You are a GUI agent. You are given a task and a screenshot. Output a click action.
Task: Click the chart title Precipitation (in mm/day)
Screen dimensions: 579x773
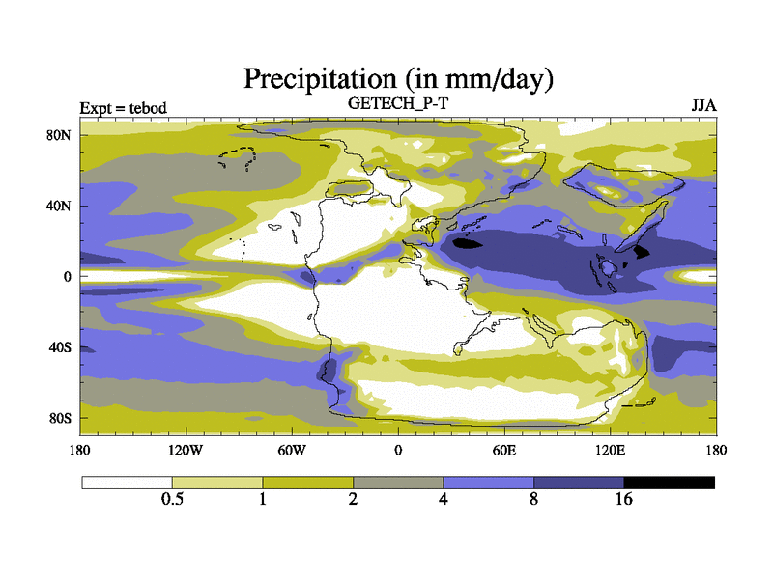point(397,77)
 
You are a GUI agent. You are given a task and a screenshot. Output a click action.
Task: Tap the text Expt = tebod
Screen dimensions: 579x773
point(123,107)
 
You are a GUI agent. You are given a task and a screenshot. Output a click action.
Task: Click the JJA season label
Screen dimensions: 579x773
point(703,105)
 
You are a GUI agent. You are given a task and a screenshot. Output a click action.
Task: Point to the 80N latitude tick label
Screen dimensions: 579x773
point(61,135)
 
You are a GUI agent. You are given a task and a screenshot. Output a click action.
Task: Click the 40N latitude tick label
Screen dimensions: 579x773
point(61,206)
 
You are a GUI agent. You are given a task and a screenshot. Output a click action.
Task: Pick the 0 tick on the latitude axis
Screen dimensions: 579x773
point(69,277)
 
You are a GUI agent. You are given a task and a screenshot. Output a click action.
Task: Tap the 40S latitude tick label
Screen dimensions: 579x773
point(61,347)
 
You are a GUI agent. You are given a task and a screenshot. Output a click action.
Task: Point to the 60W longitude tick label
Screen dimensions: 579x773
point(292,450)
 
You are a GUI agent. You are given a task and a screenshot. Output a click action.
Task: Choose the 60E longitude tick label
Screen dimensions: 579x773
point(503,450)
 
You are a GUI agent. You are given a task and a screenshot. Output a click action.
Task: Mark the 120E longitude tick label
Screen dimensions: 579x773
point(610,450)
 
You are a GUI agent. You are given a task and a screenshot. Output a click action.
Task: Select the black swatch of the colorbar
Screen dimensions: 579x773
point(670,482)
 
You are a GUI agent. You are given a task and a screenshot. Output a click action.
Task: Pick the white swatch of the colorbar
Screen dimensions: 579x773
point(127,482)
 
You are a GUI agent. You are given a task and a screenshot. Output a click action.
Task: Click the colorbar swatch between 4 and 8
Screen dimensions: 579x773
point(489,482)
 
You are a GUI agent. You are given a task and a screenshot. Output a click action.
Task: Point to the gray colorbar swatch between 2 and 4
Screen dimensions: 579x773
point(398,482)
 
